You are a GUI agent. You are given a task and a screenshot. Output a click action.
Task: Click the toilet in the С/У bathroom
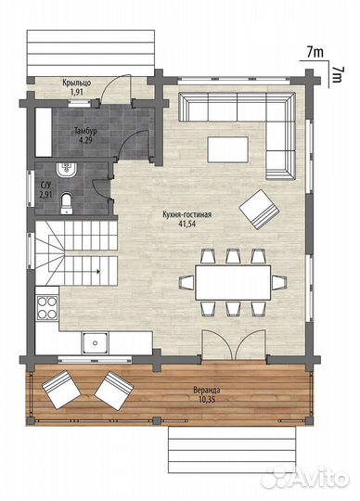coord(67,203)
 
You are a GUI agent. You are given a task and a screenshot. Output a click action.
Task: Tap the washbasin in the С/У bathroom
coord(66,170)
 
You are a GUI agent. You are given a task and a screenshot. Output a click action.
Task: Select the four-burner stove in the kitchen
coord(47,308)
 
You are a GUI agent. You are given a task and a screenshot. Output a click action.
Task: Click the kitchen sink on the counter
coord(96,343)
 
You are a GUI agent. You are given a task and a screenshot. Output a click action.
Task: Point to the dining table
coord(233,282)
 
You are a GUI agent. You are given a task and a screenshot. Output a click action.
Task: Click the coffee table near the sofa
coord(227,149)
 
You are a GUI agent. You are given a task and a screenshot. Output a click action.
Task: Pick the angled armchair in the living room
coord(259,210)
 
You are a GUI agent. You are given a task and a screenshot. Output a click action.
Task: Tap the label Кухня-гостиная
coord(186,214)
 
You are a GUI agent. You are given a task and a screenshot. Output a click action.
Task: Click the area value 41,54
coord(187,224)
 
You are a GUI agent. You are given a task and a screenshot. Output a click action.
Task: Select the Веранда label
coord(207,390)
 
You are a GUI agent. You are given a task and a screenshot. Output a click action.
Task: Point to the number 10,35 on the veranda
coord(207,399)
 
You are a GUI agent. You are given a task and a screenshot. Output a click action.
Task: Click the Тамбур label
coord(85,131)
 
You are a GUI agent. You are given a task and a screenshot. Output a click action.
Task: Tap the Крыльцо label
coord(77,83)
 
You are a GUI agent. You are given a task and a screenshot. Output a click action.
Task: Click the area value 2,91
coord(45,195)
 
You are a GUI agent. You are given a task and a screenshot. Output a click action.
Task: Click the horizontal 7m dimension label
coord(315,52)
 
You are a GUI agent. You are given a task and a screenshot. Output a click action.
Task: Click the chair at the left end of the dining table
coord(186,283)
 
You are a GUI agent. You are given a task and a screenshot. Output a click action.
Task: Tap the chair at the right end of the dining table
coord(279,282)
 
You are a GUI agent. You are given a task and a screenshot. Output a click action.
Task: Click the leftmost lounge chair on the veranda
coord(61,390)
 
